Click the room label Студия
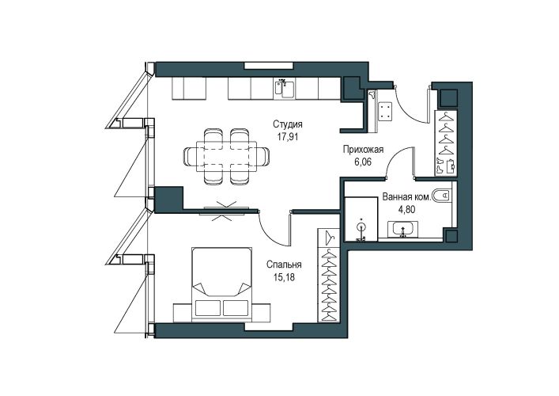tap(288, 124)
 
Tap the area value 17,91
tap(287, 136)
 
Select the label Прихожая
tap(363, 150)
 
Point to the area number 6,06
tap(363, 162)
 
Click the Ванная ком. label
tap(406, 197)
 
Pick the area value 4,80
tap(406, 209)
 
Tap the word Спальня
tap(284, 265)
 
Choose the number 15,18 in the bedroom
tap(284, 276)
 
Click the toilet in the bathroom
tap(441, 196)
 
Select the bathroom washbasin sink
tap(403, 230)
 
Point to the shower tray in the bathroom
tap(361, 219)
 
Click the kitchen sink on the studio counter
tap(284, 89)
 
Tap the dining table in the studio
tap(226, 156)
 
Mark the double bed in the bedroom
tap(221, 282)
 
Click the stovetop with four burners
tap(385, 111)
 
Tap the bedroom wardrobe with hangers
tap(328, 276)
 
